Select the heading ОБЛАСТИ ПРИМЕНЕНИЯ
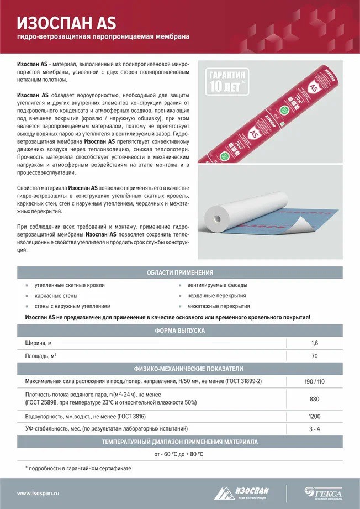pyautogui.click(x=179, y=272)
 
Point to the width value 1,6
pyautogui.click(x=314, y=343)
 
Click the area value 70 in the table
pyautogui.click(x=314, y=356)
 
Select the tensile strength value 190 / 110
pyautogui.click(x=314, y=381)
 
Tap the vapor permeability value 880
pyautogui.click(x=314, y=399)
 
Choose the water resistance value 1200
pyautogui.click(x=314, y=416)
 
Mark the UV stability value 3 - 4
pyautogui.click(x=314, y=429)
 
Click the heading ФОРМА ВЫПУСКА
pyautogui.click(x=179, y=330)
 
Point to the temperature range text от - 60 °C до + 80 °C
pyautogui.click(x=179, y=454)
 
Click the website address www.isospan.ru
pyautogui.click(x=38, y=493)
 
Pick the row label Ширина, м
pyautogui.click(x=39, y=343)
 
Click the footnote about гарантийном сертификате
pyautogui.click(x=78, y=469)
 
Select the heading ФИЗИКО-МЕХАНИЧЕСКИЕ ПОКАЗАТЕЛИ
pyautogui.click(x=179, y=369)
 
